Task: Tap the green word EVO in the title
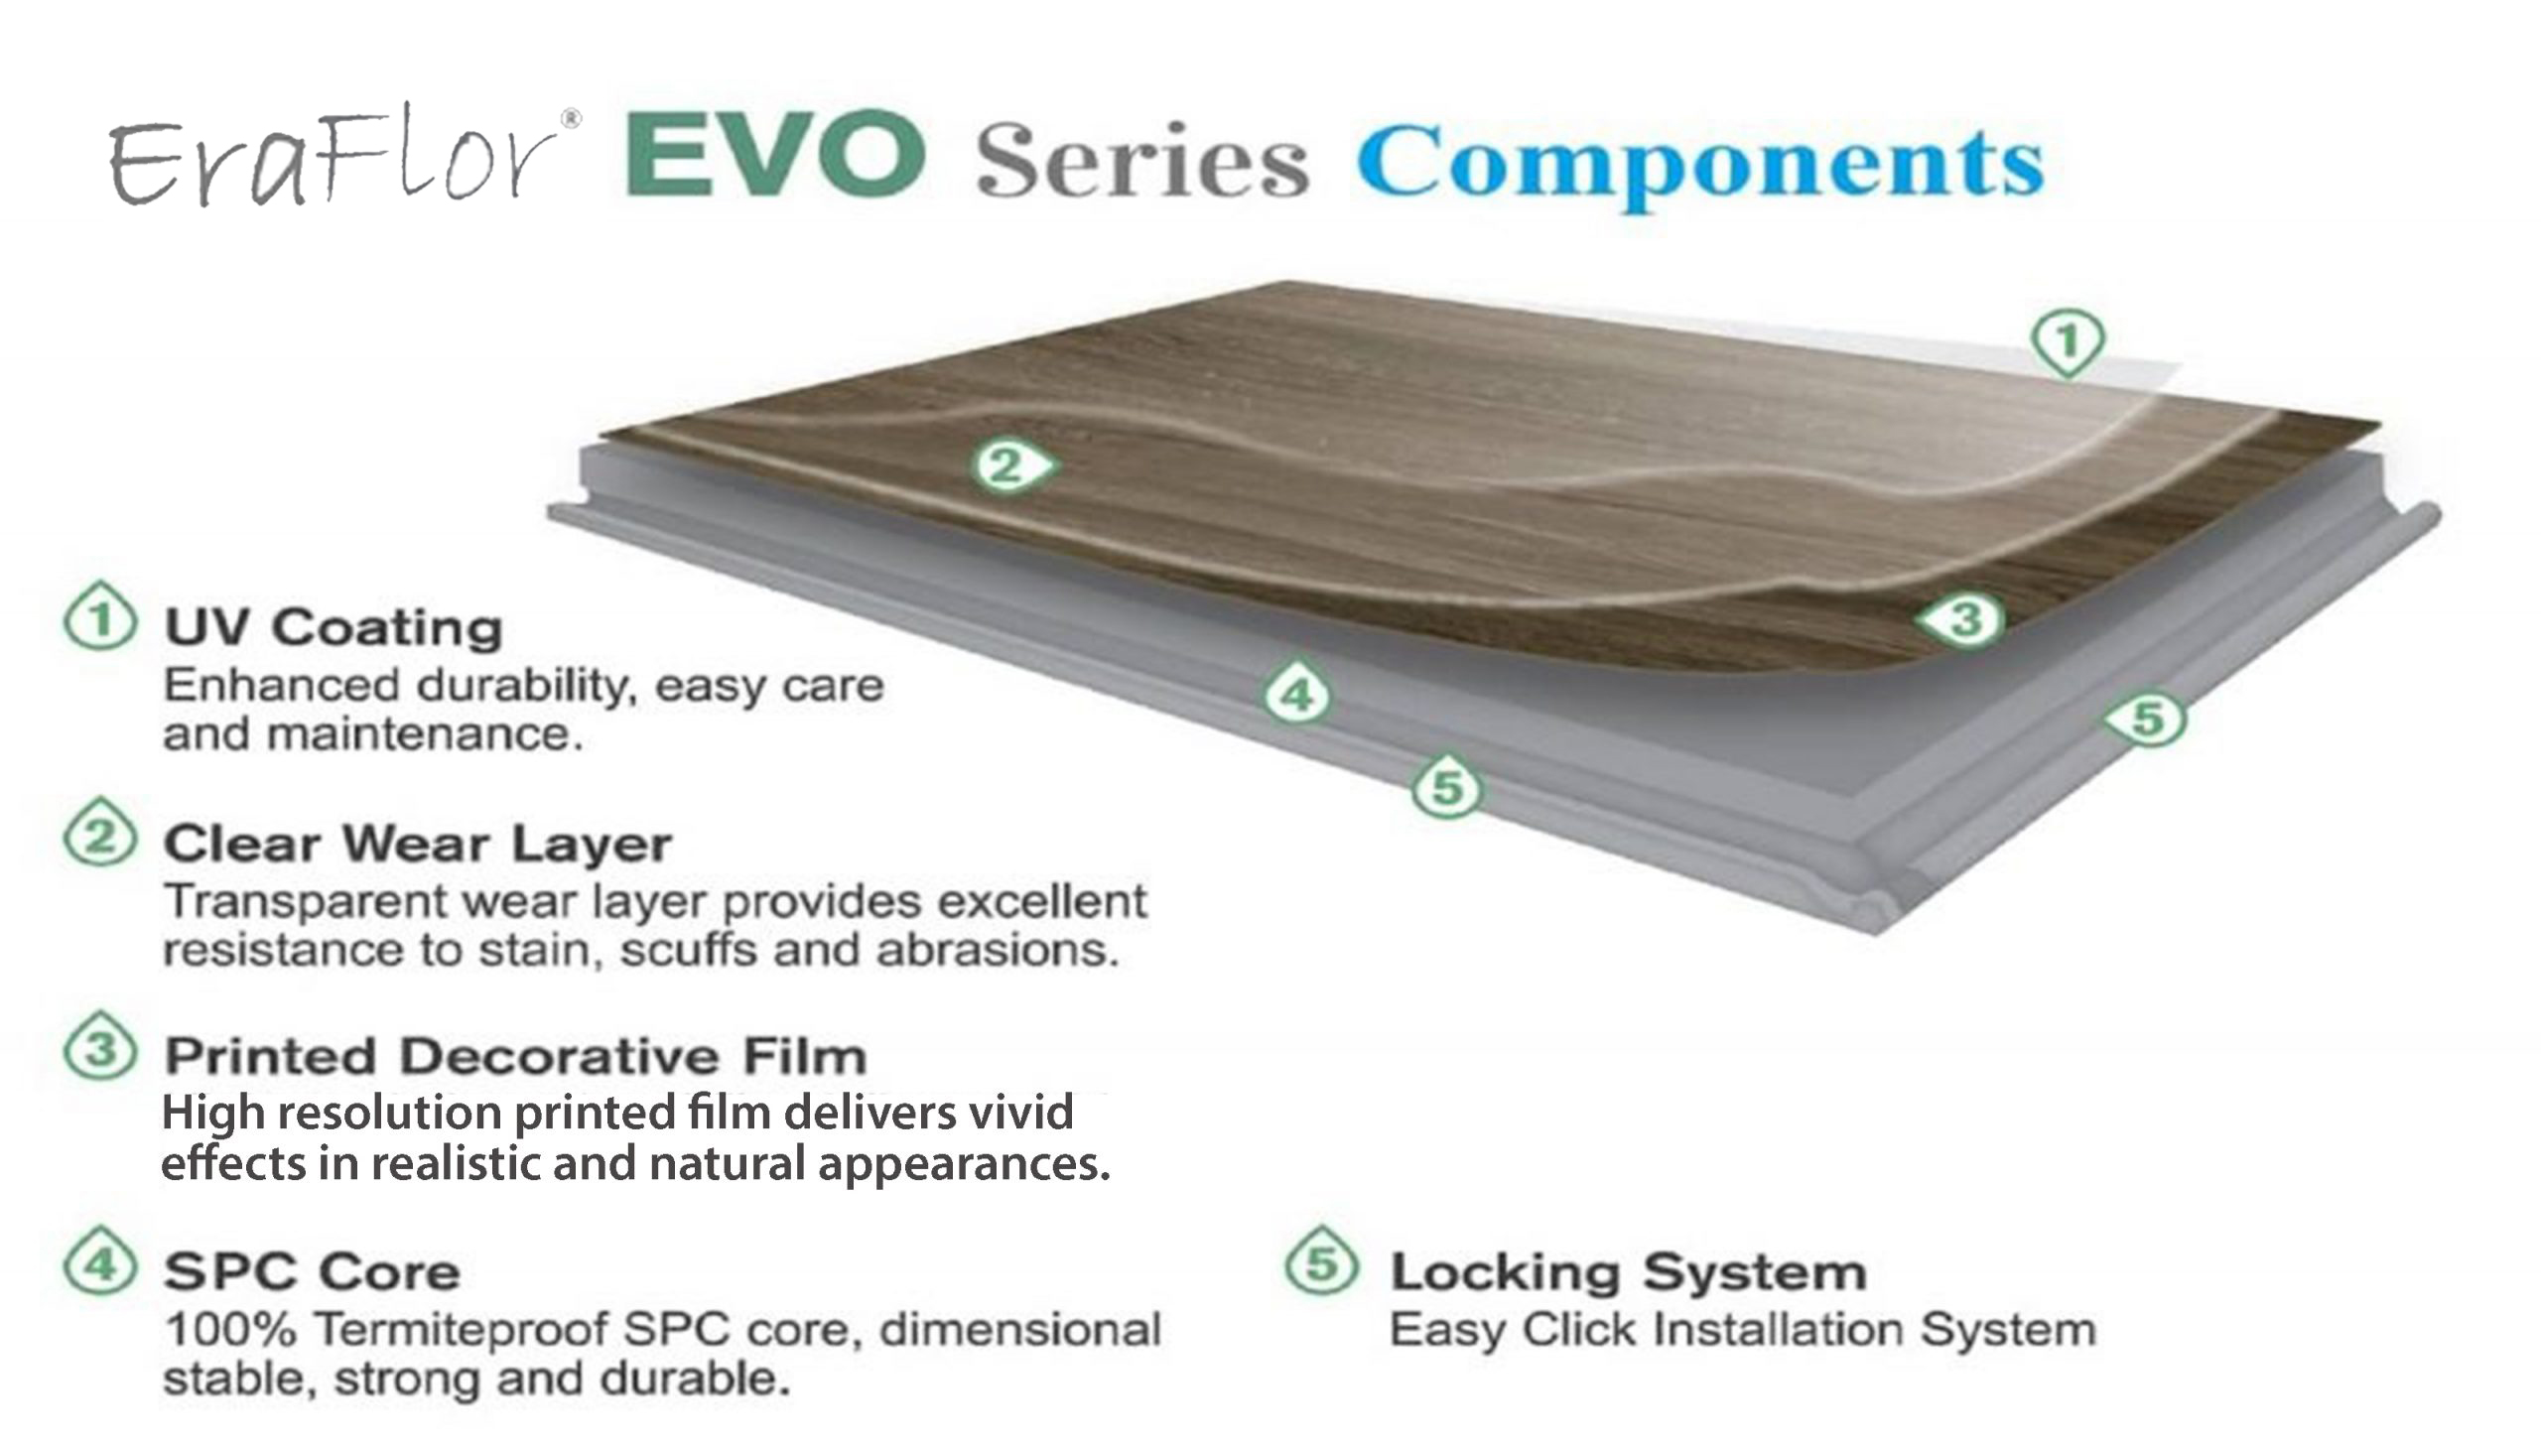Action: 776,154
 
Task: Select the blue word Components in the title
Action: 1700,164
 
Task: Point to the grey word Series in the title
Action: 1141,159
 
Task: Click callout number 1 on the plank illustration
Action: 2067,341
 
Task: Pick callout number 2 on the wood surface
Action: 1012,465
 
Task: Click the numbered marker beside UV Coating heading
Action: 100,617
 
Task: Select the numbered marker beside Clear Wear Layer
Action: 100,834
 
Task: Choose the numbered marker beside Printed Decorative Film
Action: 100,1047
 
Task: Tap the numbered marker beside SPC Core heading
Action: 100,1262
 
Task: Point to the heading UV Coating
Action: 334,627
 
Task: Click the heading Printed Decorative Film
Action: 516,1055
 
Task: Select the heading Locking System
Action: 1629,1272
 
